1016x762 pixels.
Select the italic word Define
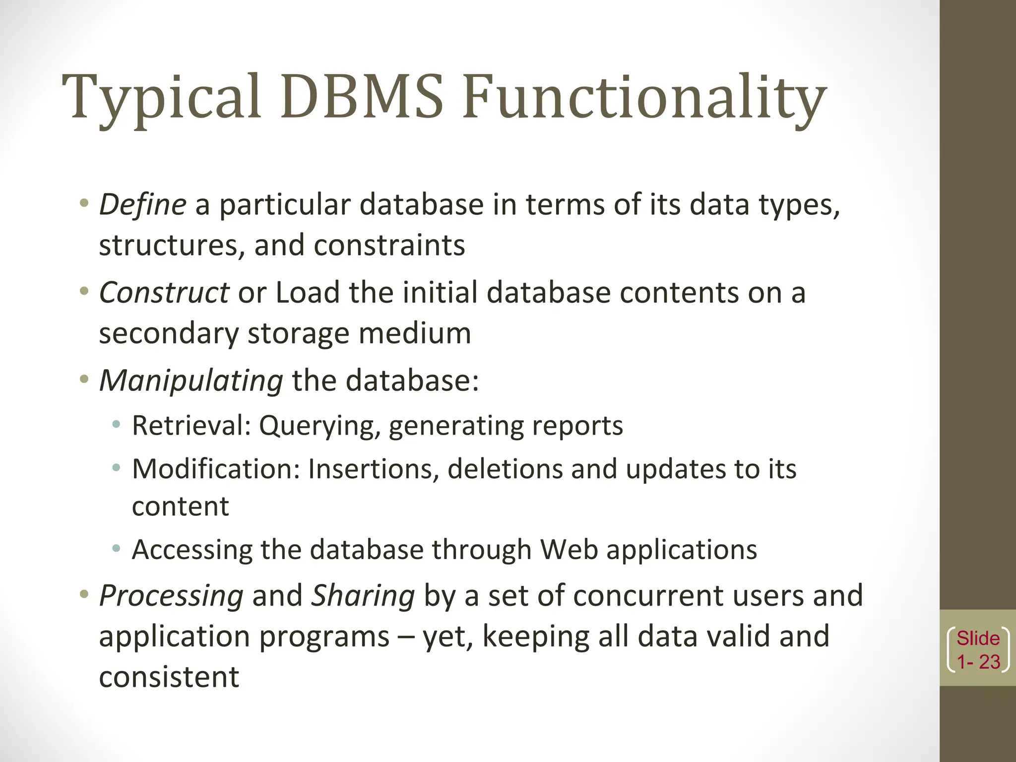pos(142,204)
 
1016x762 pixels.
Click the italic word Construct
pos(164,292)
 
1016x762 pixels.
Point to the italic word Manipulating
pos(191,381)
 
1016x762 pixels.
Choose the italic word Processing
pos(171,595)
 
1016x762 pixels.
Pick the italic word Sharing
pos(363,595)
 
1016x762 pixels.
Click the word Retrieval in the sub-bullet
pos(191,426)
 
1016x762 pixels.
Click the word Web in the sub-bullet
pos(569,550)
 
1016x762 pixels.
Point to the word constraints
pos(389,245)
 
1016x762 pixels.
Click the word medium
pos(415,333)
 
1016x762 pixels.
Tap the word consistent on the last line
pos(169,677)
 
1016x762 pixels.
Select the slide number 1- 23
pos(978,662)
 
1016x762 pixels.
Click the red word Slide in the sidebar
pos(978,638)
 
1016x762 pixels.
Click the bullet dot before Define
pos(84,203)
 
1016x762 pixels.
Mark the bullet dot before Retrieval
pos(116,424)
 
